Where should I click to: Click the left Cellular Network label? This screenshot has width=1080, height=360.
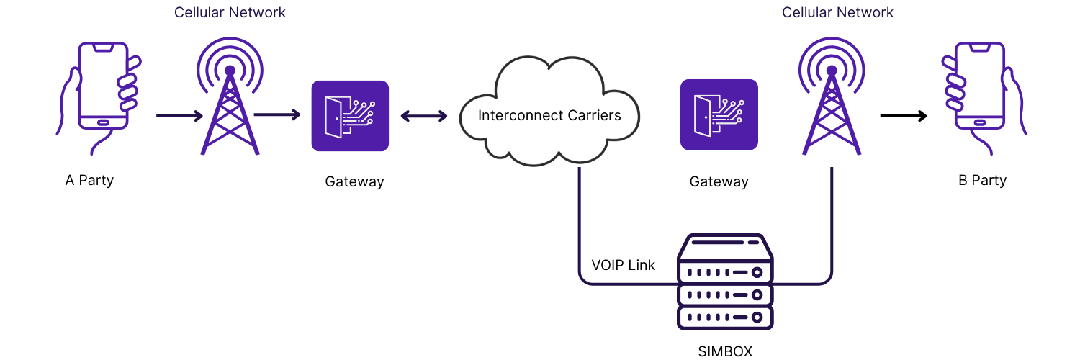[x=230, y=13]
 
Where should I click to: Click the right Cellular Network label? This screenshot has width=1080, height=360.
[x=837, y=13]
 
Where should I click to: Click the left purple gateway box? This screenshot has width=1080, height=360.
[x=350, y=116]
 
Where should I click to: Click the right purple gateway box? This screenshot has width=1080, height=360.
[x=719, y=114]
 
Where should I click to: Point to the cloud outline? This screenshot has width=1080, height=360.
[x=549, y=108]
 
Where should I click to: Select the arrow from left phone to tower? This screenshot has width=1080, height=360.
[x=179, y=115]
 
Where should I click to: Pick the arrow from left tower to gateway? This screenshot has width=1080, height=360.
[x=277, y=114]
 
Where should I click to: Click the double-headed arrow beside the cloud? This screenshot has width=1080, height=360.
[x=424, y=115]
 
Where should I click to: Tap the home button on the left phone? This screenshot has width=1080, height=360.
[x=103, y=122]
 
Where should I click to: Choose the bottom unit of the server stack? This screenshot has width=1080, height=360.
[x=725, y=317]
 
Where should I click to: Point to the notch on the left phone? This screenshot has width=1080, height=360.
[x=103, y=48]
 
